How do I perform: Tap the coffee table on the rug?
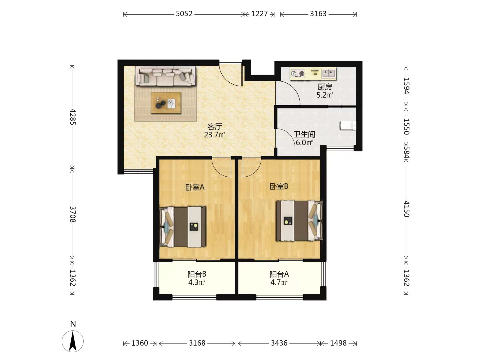[166, 103]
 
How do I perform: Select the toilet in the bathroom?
[348, 126]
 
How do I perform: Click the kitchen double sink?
[329, 73]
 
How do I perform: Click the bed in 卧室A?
[183, 227]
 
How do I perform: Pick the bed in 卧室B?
[299, 221]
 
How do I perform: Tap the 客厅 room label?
[215, 126]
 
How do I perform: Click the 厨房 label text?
[325, 87]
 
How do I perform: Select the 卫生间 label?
[304, 134]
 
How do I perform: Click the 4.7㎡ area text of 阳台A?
[279, 282]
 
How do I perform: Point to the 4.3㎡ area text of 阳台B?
[197, 282]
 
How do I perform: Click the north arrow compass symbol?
[73, 341]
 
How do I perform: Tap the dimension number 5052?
[184, 14]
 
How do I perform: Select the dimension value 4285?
[73, 117]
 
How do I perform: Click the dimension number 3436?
[279, 343]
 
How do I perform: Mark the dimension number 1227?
[259, 14]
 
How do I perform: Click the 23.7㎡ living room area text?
[214, 135]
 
